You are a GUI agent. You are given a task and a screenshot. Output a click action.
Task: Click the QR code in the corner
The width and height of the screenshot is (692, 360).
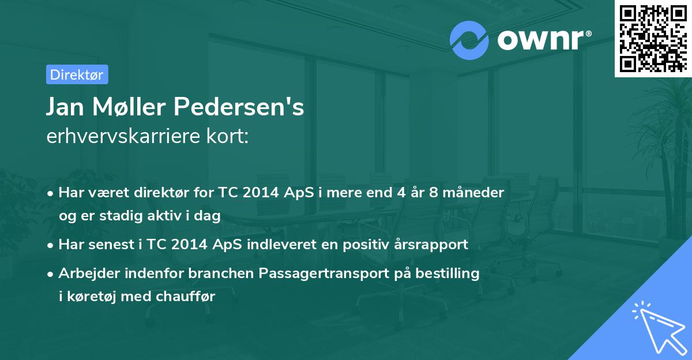coord(653,38)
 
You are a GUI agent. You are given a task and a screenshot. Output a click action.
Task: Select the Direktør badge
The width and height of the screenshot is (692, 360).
coord(77,74)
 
